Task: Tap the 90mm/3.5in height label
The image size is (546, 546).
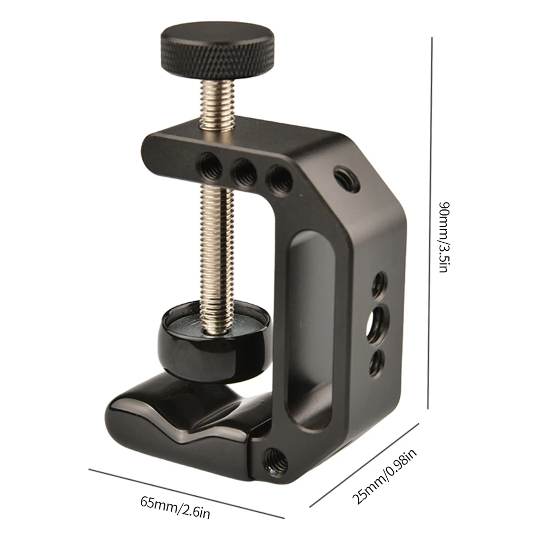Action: [445, 237]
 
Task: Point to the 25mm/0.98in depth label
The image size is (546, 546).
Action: [385, 476]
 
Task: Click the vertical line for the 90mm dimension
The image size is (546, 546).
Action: [430, 223]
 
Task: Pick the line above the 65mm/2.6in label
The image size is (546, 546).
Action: [187, 493]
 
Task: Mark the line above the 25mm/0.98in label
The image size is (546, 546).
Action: [364, 465]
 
